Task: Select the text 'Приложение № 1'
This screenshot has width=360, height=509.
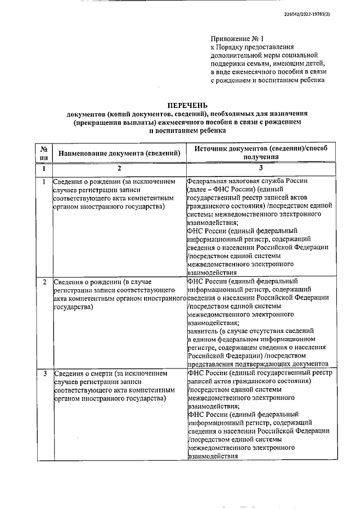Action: click(x=236, y=39)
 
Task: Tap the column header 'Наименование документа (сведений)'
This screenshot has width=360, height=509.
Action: click(x=119, y=152)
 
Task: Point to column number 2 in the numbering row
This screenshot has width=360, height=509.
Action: click(x=119, y=168)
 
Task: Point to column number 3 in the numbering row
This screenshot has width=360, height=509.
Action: click(x=261, y=168)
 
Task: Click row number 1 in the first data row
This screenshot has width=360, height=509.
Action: click(x=44, y=182)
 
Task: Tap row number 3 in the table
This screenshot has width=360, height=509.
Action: click(x=44, y=373)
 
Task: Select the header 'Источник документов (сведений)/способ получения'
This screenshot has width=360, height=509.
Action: click(x=261, y=152)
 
